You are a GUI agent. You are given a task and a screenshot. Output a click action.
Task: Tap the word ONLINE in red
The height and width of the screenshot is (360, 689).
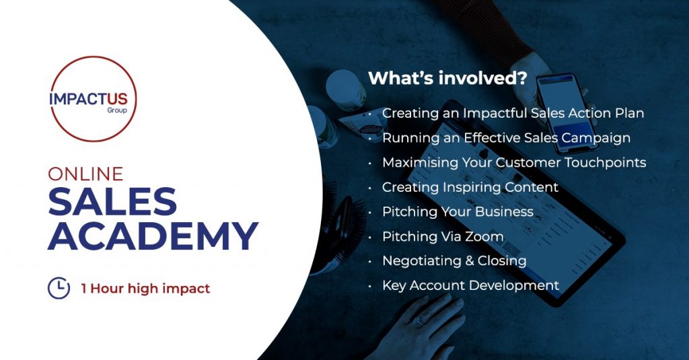tap(85, 174)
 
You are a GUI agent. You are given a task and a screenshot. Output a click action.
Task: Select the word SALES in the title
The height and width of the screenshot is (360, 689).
tap(112, 201)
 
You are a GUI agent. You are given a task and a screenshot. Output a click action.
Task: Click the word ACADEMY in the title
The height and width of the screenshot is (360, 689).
tap(153, 236)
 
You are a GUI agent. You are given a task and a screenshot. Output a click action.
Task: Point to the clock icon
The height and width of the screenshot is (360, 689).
tap(59, 289)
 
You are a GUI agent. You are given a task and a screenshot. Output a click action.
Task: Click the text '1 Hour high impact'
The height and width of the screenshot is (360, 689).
tap(145, 289)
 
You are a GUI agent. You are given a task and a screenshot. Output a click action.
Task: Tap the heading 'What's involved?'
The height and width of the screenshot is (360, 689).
tap(447, 78)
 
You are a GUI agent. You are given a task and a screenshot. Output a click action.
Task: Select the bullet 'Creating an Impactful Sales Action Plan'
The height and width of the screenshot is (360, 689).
tap(513, 114)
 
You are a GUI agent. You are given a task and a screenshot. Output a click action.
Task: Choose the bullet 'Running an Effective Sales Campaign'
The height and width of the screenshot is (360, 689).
tap(506, 138)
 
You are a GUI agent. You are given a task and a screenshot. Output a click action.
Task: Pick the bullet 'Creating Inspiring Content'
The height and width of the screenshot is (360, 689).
tap(470, 187)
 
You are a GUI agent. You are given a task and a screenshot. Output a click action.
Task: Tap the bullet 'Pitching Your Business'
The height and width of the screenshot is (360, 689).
tap(458, 212)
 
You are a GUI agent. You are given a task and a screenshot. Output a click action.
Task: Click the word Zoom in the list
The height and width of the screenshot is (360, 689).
tap(484, 236)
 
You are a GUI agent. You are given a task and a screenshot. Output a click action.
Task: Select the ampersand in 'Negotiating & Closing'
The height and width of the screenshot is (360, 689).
tap(470, 261)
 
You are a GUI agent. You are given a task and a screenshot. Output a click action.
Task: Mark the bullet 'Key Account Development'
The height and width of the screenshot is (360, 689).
tap(470, 286)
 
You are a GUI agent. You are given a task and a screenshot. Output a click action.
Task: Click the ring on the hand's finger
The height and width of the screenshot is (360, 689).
tap(419, 322)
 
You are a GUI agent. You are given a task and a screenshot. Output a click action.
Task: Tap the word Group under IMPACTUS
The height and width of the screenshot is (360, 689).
tap(117, 110)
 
